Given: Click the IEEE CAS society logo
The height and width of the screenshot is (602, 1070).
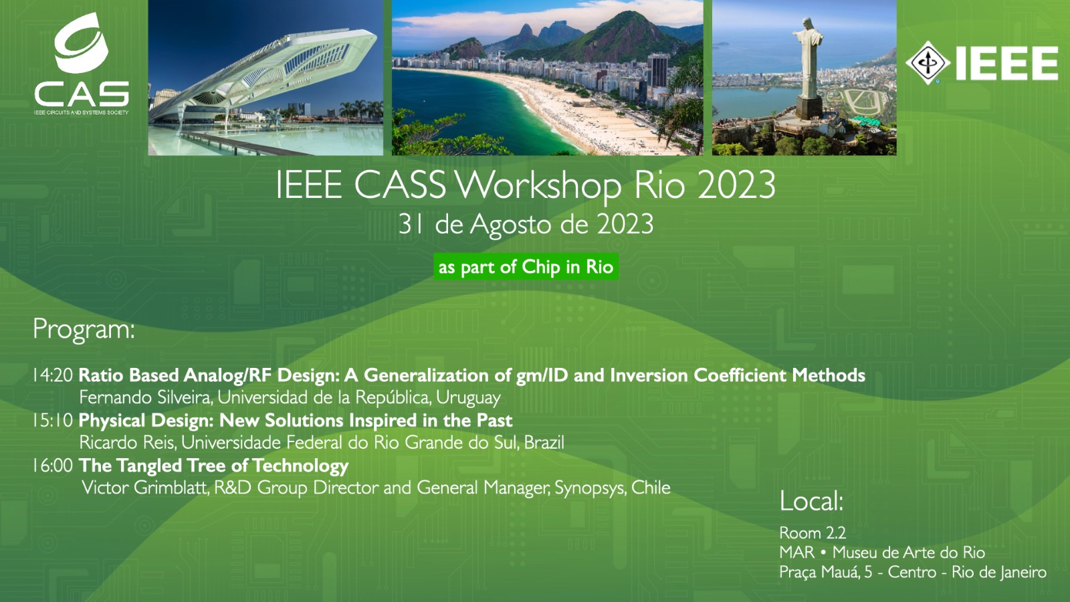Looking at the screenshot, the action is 81,64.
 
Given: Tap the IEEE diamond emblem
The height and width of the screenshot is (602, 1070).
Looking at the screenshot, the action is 928,63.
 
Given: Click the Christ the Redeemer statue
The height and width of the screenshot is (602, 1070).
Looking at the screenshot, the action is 809,67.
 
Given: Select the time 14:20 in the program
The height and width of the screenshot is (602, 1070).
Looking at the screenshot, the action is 53,375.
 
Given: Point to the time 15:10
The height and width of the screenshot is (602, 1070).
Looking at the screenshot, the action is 53,421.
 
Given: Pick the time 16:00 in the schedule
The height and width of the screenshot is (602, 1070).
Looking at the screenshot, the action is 53,466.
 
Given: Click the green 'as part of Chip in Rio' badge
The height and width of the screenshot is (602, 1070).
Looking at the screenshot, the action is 526,267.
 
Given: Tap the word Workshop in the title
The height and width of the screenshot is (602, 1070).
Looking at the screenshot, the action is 538,187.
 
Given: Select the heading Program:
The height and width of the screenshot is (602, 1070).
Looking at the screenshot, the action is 84,330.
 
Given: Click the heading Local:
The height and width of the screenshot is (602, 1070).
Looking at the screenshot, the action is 812,501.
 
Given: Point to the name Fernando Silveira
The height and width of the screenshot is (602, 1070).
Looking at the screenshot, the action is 145,397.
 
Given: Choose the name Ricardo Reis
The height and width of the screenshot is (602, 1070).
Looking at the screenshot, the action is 128,442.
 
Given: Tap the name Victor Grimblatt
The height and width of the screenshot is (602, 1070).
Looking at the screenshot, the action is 145,488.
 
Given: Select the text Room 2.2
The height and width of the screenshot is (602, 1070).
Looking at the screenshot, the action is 813,532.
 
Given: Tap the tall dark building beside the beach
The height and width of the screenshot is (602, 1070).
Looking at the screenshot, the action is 658,71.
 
